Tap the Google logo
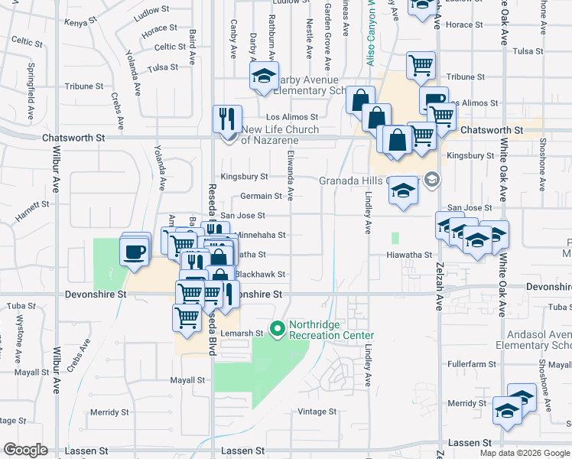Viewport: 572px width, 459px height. click(25, 450)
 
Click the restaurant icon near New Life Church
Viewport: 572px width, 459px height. click(227, 119)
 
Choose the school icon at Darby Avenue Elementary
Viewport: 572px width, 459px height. click(263, 76)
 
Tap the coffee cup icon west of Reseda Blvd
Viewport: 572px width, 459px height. click(135, 252)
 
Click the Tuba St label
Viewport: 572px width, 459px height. click(17, 306)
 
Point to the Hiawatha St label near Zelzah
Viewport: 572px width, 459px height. click(409, 255)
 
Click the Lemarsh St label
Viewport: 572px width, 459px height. click(244, 334)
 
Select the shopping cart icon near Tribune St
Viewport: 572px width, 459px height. click(421, 66)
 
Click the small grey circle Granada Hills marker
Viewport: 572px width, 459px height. click(431, 179)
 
